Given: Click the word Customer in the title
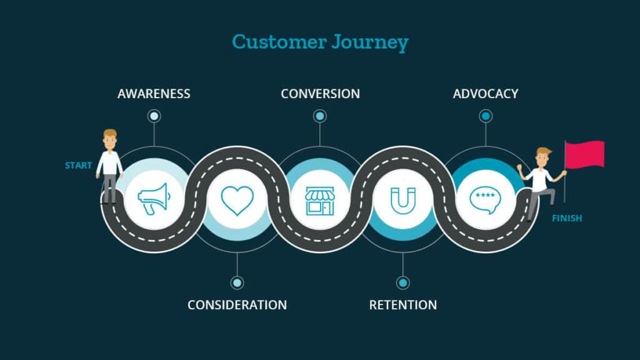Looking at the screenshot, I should [x=277, y=42].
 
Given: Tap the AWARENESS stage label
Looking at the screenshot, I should [x=154, y=94].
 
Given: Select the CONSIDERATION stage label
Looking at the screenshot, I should [x=237, y=305].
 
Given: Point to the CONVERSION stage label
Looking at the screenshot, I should [x=320, y=94].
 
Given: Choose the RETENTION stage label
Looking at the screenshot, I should [x=403, y=305].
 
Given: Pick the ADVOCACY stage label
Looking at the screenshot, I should [x=486, y=94].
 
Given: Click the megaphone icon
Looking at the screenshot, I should [x=154, y=199].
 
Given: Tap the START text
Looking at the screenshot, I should [x=79, y=166].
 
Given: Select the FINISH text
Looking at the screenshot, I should [x=567, y=219].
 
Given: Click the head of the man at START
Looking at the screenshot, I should [x=110, y=139].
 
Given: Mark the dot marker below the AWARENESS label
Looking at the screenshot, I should [x=154, y=116].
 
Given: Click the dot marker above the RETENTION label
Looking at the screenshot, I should [x=403, y=283].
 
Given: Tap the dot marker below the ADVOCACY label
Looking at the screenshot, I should [x=486, y=116].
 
